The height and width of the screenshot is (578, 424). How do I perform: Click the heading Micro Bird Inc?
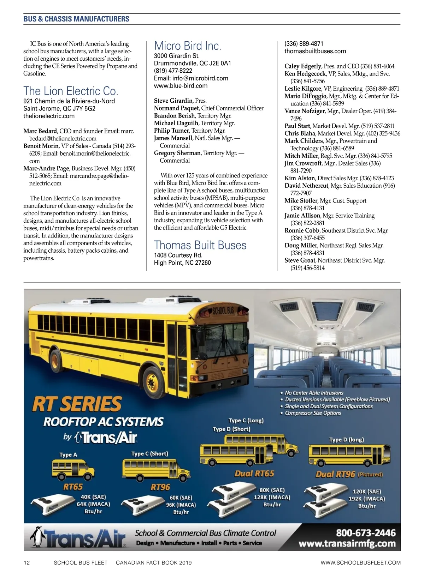(x=187, y=46)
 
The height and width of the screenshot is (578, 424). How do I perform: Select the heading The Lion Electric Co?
(x=71, y=91)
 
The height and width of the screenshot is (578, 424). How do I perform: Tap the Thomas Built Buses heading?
(x=200, y=245)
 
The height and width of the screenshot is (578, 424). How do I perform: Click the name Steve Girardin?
(x=173, y=101)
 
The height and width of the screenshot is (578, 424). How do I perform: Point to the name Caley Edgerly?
(x=303, y=66)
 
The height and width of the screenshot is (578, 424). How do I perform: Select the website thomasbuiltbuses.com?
(x=315, y=51)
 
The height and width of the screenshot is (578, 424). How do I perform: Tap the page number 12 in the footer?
(x=27, y=562)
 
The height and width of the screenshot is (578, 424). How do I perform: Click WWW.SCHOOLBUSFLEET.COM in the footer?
(x=360, y=562)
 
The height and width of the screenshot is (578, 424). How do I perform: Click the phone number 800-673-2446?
(x=365, y=533)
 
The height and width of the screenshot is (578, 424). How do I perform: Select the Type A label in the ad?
(x=68, y=454)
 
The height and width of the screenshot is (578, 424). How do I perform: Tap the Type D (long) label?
(x=346, y=440)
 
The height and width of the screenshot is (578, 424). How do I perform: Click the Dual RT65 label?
(x=254, y=474)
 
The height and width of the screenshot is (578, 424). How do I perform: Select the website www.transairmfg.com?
(x=347, y=543)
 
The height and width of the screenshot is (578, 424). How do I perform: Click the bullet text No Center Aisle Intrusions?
(x=314, y=393)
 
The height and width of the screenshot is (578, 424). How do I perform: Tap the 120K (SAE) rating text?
(x=367, y=492)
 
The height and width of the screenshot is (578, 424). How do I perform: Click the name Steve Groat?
(x=300, y=260)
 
